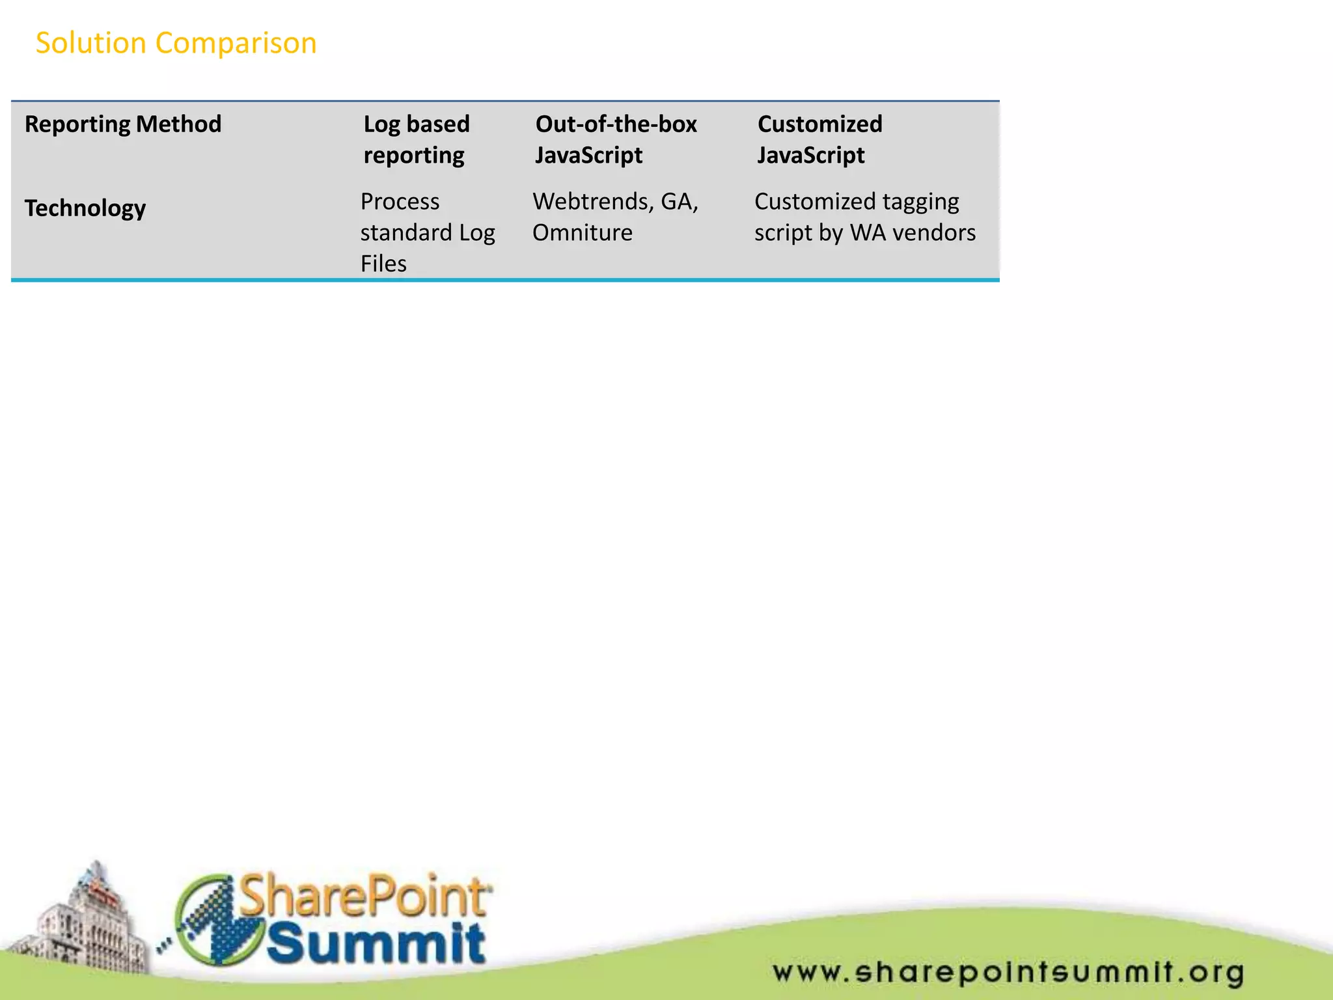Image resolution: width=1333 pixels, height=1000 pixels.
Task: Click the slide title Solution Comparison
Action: [x=176, y=44]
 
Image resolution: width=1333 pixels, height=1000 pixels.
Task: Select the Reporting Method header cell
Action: [x=123, y=124]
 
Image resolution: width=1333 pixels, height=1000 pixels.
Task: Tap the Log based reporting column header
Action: [x=417, y=139]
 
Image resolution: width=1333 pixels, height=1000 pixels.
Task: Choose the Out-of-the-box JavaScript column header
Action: [x=616, y=139]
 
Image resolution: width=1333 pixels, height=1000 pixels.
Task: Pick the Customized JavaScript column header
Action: [x=819, y=139]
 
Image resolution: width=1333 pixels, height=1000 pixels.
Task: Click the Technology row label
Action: [x=85, y=208]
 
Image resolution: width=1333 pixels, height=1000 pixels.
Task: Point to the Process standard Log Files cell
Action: [x=427, y=232]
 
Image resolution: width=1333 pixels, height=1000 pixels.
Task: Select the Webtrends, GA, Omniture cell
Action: [x=615, y=217]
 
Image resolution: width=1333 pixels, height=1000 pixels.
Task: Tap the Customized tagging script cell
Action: [x=864, y=217]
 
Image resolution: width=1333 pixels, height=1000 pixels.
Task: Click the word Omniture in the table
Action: [x=583, y=233]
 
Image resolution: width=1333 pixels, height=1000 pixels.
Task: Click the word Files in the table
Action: [x=383, y=264]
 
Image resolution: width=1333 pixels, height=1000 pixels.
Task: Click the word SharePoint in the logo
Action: [x=364, y=897]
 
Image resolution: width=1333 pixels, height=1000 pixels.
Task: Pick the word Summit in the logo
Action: [x=376, y=944]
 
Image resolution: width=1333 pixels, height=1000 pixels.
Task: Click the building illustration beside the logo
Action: [x=85, y=924]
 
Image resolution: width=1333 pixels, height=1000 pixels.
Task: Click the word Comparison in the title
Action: [x=236, y=44]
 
